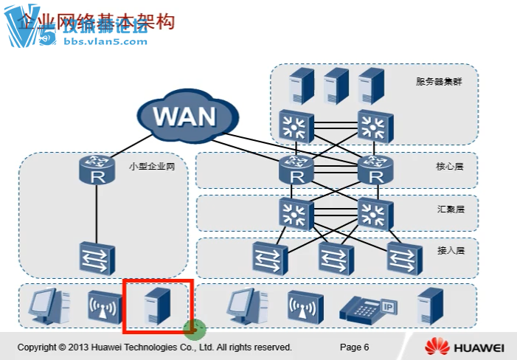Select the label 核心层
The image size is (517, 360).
click(x=449, y=167)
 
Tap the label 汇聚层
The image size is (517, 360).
click(x=449, y=210)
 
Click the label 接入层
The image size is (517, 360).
click(x=449, y=251)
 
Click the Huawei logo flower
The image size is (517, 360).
click(x=437, y=346)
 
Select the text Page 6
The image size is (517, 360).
click(x=354, y=347)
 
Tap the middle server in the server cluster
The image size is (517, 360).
click(x=335, y=86)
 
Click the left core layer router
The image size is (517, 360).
click(x=296, y=172)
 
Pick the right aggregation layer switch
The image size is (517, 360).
click(x=374, y=215)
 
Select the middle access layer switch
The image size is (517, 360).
click(x=335, y=257)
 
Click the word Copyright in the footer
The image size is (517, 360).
click(x=37, y=347)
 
